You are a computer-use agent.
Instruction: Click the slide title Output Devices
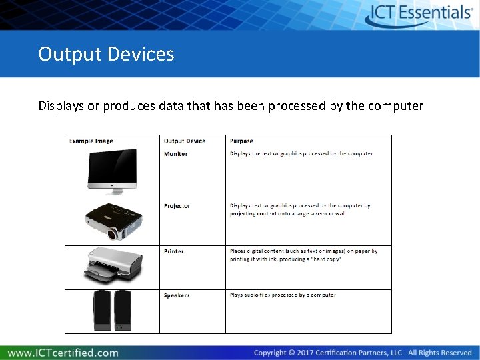tap(106, 54)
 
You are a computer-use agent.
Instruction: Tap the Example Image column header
tap(91, 141)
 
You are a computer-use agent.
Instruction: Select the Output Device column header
tap(185, 141)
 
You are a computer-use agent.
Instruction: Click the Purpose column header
tap(241, 141)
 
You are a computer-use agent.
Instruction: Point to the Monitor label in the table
tap(176, 154)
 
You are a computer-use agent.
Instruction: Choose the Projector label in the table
tap(177, 206)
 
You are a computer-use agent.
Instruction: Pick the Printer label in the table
tap(174, 251)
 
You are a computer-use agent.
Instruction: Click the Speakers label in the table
tap(177, 295)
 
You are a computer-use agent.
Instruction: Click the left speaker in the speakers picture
tap(101, 310)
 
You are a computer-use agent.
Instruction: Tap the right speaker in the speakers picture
tap(123, 310)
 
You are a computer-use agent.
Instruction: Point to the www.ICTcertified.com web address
tap(63, 353)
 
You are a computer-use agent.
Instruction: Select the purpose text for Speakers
tap(283, 295)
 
